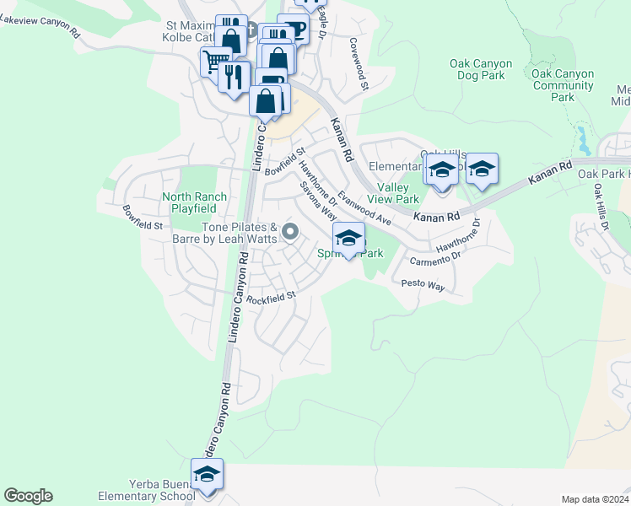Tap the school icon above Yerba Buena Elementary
pyautogui.click(x=206, y=475)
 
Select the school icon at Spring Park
pyautogui.click(x=349, y=239)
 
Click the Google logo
pyautogui.click(x=28, y=496)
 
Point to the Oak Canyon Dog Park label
pyautogui.click(x=477, y=69)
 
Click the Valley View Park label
pyautogui.click(x=398, y=194)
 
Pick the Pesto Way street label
pyautogui.click(x=423, y=285)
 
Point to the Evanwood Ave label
pyautogui.click(x=364, y=207)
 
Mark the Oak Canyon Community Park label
pyautogui.click(x=563, y=85)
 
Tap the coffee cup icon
pyautogui.click(x=294, y=29)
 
